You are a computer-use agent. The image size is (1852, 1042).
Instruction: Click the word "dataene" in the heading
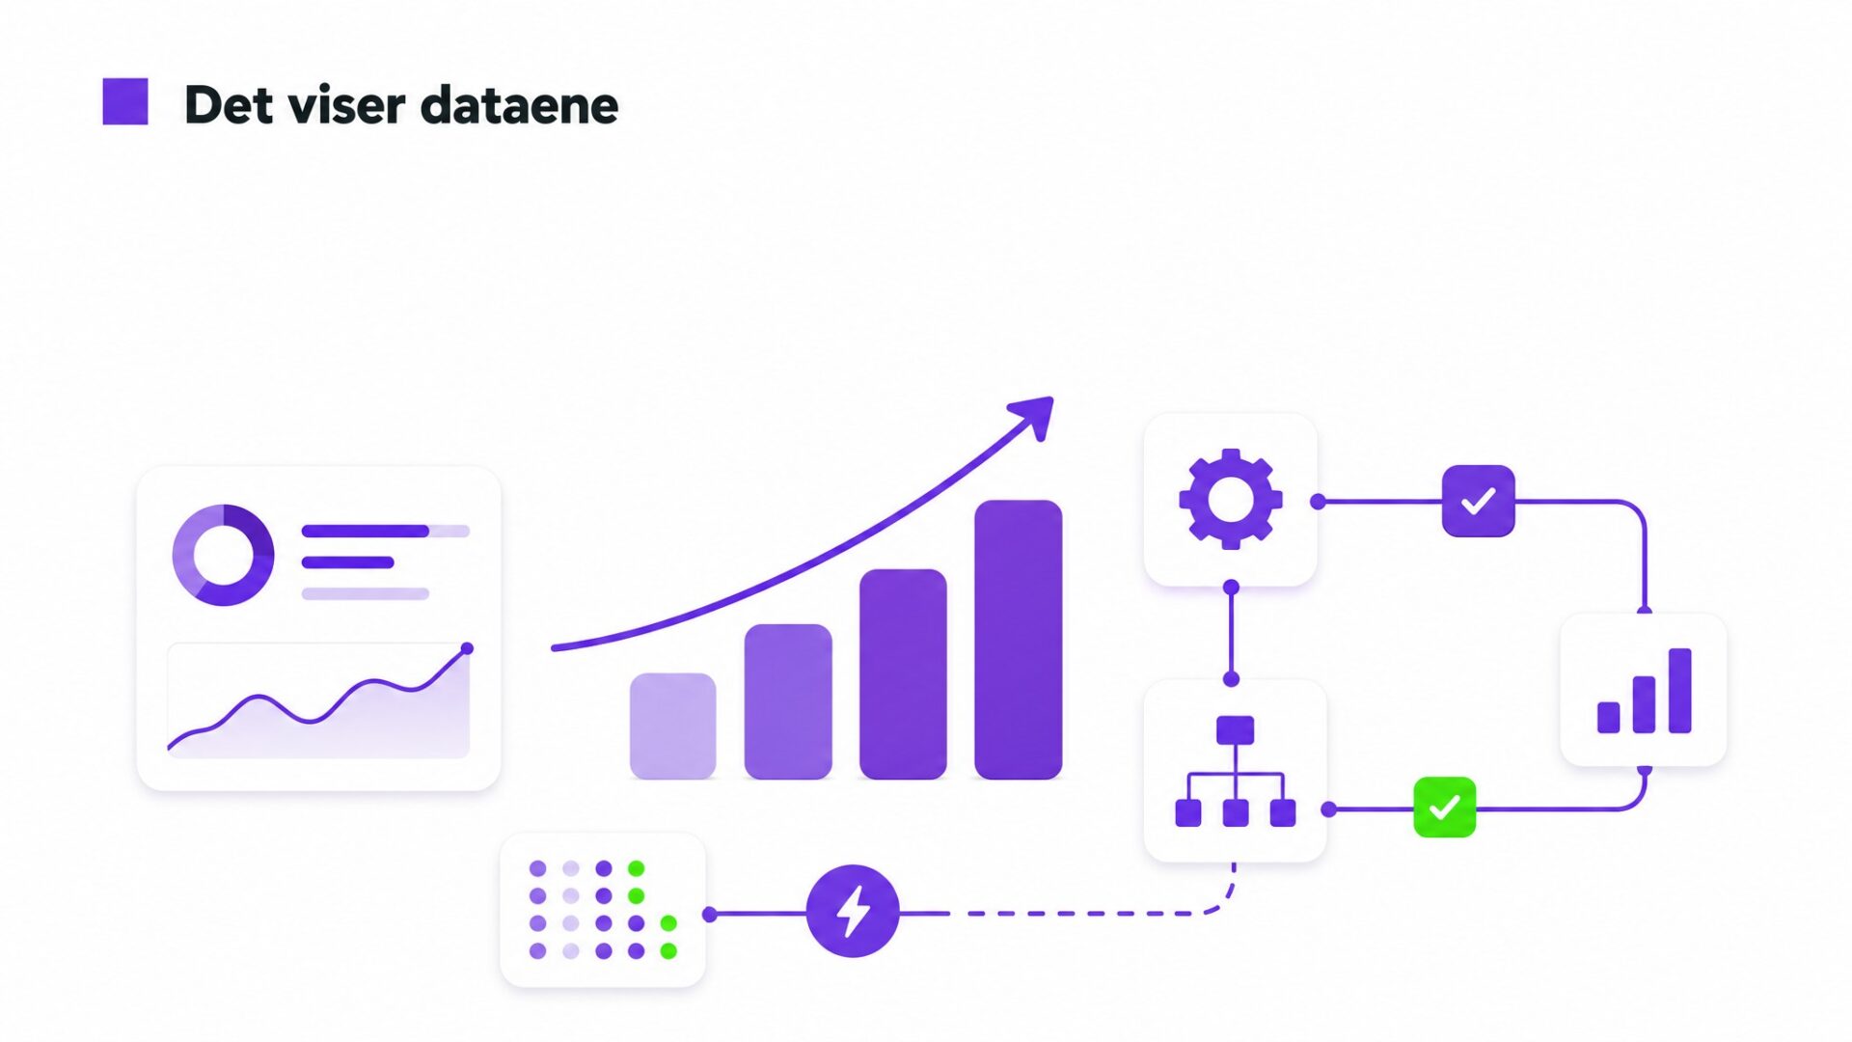click(x=520, y=105)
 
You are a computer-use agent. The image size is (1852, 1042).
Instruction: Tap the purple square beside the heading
click(x=125, y=101)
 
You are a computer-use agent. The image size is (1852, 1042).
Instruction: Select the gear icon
click(x=1231, y=499)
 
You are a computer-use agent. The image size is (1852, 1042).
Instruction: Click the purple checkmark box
click(x=1479, y=501)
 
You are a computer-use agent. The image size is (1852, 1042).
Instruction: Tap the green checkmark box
click(x=1444, y=807)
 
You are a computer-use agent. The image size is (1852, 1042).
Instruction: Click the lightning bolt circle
click(x=853, y=911)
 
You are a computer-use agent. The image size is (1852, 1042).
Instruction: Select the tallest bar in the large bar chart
click(x=1019, y=639)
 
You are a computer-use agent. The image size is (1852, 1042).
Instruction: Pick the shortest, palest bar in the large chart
click(x=672, y=726)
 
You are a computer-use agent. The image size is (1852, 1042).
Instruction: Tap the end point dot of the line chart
click(x=468, y=648)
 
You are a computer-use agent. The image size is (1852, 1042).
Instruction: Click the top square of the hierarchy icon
click(x=1235, y=730)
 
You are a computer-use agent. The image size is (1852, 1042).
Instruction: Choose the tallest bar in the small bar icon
click(x=1679, y=691)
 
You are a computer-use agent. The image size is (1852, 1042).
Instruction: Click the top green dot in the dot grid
click(x=636, y=868)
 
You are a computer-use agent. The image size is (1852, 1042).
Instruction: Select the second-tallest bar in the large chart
click(x=903, y=673)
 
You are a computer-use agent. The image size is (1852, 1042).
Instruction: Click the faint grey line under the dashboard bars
click(x=366, y=593)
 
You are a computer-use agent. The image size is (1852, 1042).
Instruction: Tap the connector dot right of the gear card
click(x=1318, y=502)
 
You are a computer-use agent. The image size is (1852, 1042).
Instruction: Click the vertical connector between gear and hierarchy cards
click(x=1231, y=633)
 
